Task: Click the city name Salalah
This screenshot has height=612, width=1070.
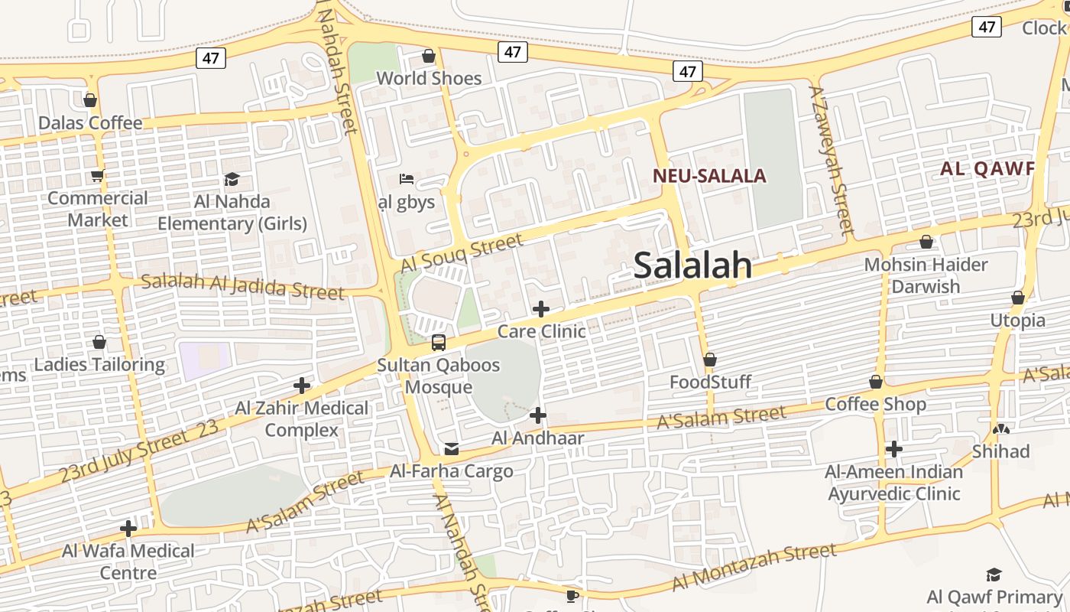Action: tap(692, 265)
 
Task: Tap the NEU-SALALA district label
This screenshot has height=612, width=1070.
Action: tap(708, 176)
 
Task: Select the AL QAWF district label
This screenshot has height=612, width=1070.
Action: tap(987, 169)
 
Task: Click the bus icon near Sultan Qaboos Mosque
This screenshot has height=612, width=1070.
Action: tap(439, 342)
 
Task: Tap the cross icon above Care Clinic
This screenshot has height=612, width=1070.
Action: tap(541, 309)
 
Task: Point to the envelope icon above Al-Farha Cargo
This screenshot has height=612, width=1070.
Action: tap(452, 448)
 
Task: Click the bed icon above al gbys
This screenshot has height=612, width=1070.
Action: tap(407, 180)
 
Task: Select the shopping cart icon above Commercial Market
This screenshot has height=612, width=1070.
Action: tap(97, 176)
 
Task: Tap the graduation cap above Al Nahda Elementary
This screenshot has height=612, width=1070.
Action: tap(232, 179)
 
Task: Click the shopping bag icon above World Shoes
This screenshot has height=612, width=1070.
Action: tap(429, 56)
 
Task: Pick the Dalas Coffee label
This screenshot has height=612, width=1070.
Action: tap(90, 123)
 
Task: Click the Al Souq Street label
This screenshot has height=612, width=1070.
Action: tap(462, 253)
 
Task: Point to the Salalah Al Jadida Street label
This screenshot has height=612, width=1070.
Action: tap(242, 286)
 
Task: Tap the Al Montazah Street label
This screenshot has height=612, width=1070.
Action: tap(754, 567)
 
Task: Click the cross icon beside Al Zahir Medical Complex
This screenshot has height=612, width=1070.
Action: tap(302, 385)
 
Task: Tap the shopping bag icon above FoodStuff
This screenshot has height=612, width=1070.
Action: tap(710, 360)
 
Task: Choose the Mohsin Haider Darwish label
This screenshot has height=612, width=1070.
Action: tap(926, 275)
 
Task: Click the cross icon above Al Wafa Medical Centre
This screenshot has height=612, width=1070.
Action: tap(128, 528)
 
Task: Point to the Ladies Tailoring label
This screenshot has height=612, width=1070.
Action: tap(99, 364)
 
